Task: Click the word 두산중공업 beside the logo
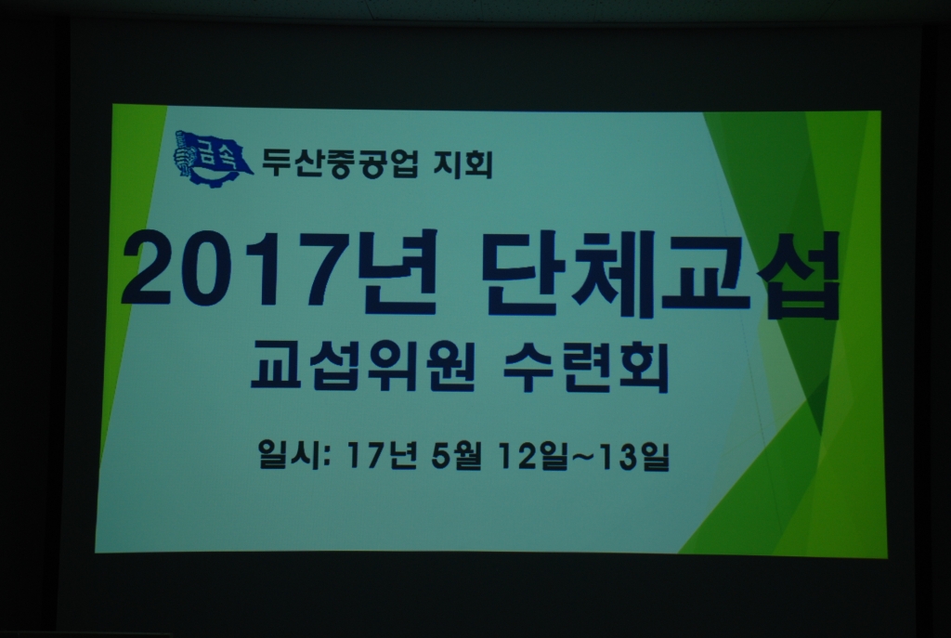[340, 163]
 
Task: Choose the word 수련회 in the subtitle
[586, 367]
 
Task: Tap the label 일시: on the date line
[294, 454]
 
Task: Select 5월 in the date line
[457, 456]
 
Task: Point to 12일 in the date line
[533, 456]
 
